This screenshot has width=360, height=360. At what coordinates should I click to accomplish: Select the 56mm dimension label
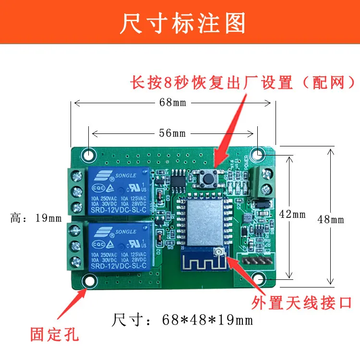click(x=172, y=133)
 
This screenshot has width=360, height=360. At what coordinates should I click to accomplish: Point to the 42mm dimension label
click(x=292, y=215)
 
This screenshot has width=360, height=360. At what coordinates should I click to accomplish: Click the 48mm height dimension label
click(x=331, y=219)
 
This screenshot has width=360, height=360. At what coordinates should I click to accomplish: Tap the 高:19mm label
click(x=36, y=218)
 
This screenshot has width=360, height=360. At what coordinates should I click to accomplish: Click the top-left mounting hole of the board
click(x=89, y=155)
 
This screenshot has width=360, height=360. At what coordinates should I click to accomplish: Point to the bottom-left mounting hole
click(x=89, y=281)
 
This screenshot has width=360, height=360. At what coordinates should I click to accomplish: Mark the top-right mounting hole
click(x=258, y=155)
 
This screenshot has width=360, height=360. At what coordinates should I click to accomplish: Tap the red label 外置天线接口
click(x=302, y=303)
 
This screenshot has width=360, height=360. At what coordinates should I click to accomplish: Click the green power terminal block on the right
click(x=264, y=179)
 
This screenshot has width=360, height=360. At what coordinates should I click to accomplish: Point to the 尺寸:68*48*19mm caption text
click(x=182, y=319)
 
